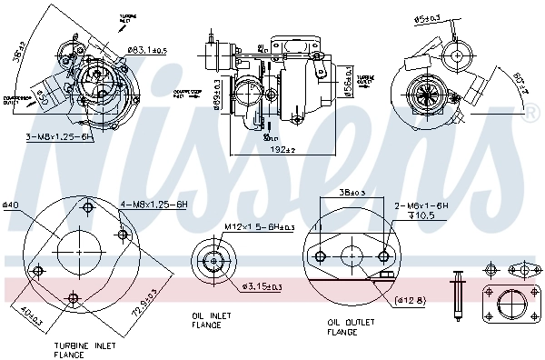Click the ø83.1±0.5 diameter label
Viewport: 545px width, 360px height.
[146, 50]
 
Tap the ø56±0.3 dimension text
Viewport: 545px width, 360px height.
[349, 83]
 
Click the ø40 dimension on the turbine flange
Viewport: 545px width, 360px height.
[11, 204]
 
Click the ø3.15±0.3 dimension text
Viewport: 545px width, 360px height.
[263, 287]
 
